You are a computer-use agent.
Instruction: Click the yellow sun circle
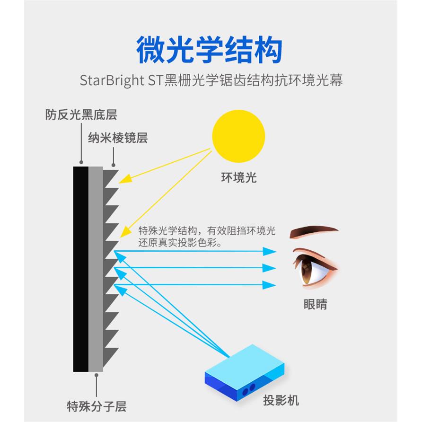[238, 136]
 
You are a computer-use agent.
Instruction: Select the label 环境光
[238, 177]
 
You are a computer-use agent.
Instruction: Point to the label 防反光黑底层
[81, 114]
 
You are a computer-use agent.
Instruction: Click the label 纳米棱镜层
[118, 138]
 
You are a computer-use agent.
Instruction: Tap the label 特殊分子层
[97, 405]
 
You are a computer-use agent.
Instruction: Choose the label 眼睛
[315, 304]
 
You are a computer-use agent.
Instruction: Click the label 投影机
[281, 400]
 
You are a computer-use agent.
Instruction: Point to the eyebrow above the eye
[314, 232]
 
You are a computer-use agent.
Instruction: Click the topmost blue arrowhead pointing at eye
[270, 251]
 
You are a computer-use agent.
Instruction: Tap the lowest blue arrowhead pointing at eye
[270, 285]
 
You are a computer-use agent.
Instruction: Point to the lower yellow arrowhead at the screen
[125, 232]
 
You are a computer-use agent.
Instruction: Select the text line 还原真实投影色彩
[180, 243]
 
